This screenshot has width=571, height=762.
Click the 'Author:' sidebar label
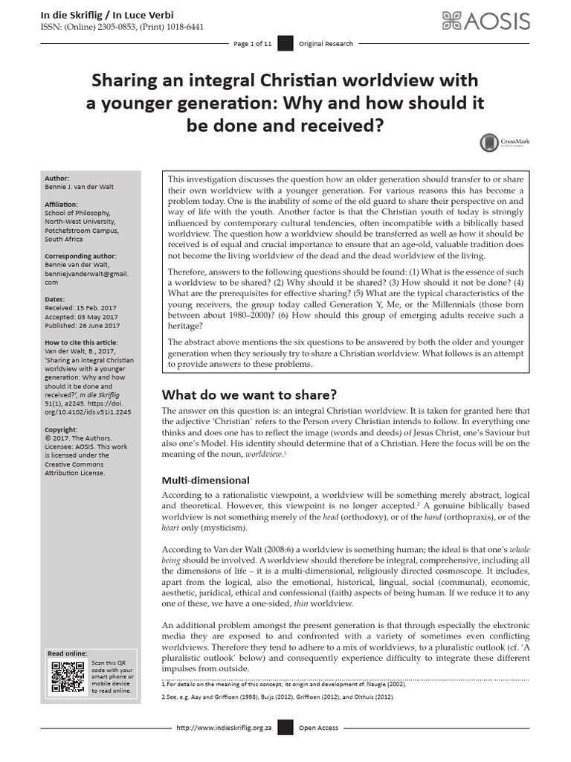(57, 179)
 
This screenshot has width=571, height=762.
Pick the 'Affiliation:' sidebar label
(62, 204)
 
